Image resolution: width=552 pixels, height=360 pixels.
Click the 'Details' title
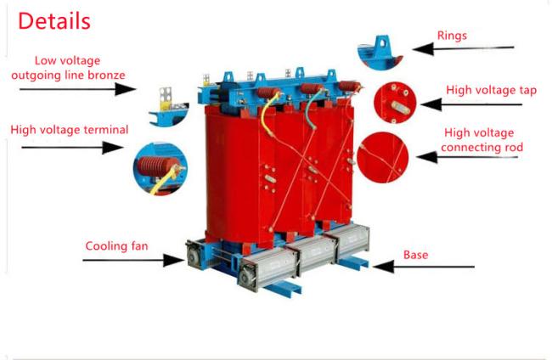click(x=54, y=21)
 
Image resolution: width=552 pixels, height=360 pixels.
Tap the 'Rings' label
click(x=452, y=36)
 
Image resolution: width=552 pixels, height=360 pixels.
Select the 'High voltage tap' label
click(x=491, y=90)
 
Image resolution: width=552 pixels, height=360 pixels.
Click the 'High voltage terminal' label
click(x=70, y=130)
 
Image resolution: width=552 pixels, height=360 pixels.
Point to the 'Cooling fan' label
click(x=116, y=245)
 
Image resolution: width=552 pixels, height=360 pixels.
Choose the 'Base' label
click(x=416, y=255)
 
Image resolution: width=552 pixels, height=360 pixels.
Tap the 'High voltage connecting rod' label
click(x=482, y=140)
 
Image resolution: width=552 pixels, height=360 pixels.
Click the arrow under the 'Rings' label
click(x=463, y=48)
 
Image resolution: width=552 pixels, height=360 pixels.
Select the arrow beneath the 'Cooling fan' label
click(x=133, y=261)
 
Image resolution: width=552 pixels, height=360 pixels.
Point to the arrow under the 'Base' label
click(x=424, y=267)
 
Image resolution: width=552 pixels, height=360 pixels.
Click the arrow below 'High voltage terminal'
click(x=72, y=147)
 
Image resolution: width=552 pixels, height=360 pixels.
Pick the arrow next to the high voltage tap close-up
click(x=471, y=104)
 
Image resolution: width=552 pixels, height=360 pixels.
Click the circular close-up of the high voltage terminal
click(x=161, y=168)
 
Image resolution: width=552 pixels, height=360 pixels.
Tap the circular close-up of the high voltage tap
click(x=395, y=103)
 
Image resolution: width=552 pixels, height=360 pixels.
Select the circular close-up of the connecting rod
click(x=383, y=157)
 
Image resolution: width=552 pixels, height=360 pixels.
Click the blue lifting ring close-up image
click(x=380, y=52)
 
